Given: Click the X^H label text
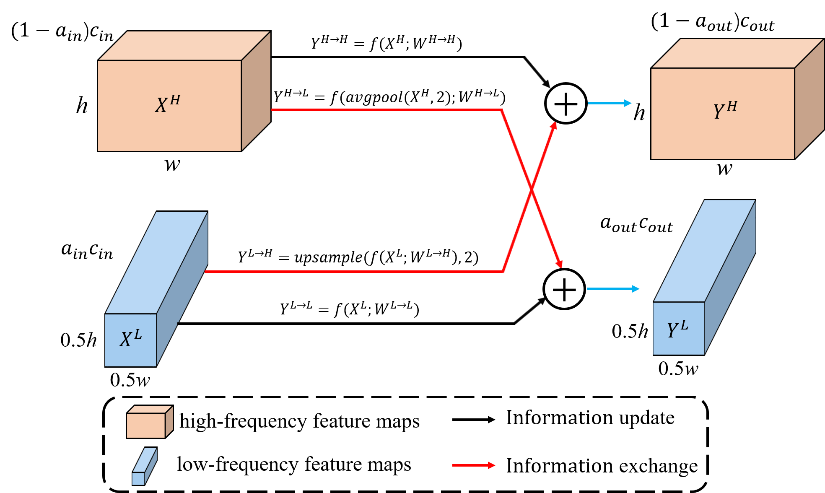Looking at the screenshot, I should [x=168, y=104].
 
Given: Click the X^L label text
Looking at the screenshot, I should [x=131, y=339].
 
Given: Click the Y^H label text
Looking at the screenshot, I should [x=725, y=110].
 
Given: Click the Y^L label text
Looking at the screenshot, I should [x=677, y=330].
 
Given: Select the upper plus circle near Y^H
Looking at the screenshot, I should [x=566, y=104].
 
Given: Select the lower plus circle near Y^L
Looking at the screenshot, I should [x=564, y=289].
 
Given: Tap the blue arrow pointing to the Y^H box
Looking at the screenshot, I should [x=610, y=103].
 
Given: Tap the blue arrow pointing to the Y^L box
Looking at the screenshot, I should [x=613, y=289].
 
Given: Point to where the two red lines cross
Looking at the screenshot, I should [x=532, y=189].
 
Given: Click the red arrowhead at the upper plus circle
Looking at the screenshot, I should [x=554, y=126].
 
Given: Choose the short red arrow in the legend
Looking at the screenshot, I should [x=474, y=465].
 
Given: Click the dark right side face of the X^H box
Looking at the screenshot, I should [x=256, y=91].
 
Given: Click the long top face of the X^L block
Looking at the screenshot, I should [x=157, y=262].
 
